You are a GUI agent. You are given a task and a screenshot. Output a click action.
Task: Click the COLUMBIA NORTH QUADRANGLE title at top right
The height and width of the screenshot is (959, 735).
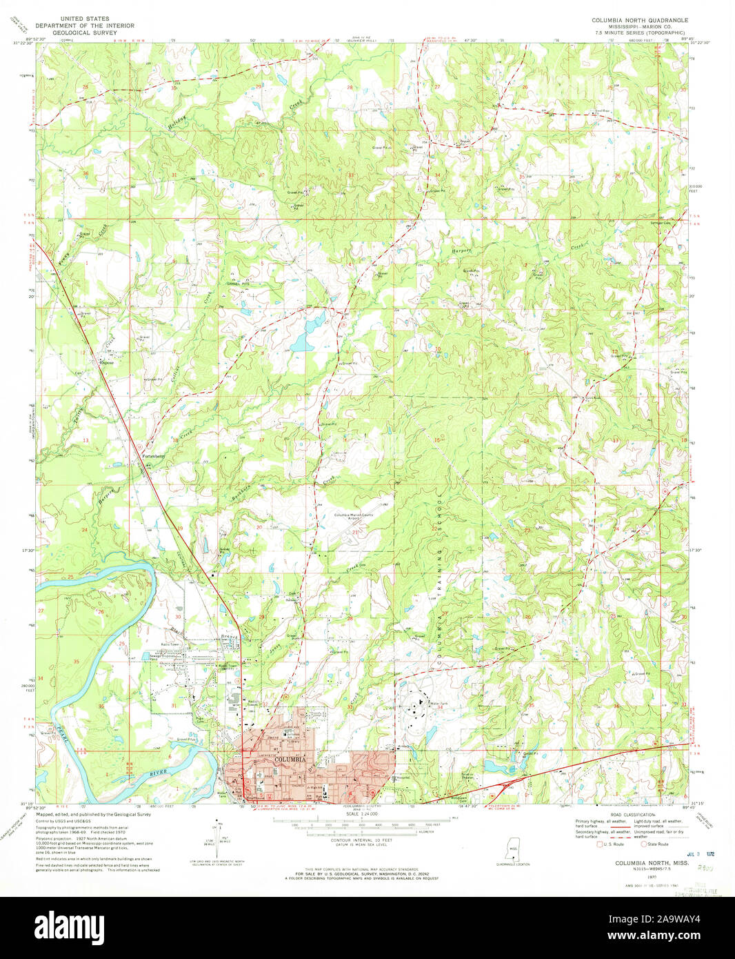click(x=639, y=21)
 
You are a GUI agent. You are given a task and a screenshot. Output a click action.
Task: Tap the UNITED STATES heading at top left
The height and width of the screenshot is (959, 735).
click(x=85, y=19)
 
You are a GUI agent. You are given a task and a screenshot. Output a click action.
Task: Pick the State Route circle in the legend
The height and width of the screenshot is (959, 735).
click(x=644, y=844)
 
